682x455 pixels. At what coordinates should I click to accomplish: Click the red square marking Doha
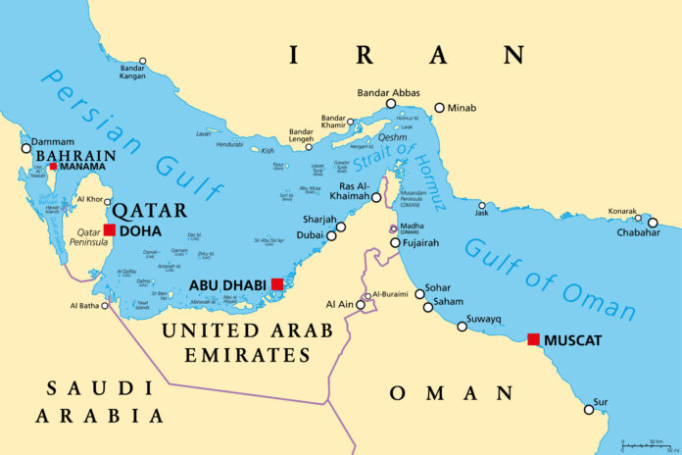[110, 230]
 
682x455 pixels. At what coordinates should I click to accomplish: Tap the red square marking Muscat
[533, 339]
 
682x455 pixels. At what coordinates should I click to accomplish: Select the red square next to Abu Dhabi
[277, 284]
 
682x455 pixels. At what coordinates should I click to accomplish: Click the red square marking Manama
[53, 167]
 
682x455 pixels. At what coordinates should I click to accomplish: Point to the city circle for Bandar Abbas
[391, 103]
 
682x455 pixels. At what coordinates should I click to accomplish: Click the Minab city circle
[439, 107]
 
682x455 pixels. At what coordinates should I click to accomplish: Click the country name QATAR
[149, 210]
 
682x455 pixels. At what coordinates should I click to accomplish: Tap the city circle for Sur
[589, 409]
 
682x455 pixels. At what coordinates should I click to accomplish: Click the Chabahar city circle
[653, 223]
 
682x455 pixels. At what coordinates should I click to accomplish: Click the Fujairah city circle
[395, 243]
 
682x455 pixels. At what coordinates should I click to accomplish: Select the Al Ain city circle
[361, 305]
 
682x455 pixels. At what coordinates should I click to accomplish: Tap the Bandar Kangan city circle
[142, 61]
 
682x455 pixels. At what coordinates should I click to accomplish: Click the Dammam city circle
[26, 149]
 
